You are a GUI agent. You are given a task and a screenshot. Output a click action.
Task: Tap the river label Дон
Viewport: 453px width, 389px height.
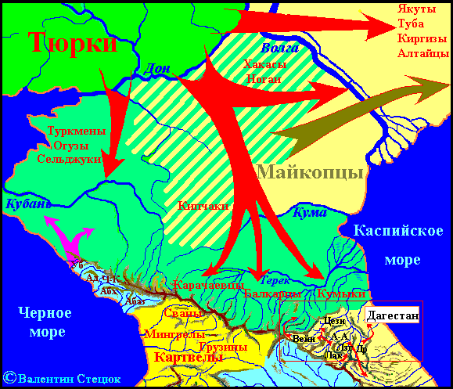158,70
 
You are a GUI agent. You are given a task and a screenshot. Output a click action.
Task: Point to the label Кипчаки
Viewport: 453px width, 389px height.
203,206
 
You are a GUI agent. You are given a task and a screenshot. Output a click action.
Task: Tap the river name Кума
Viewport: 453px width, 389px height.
307,211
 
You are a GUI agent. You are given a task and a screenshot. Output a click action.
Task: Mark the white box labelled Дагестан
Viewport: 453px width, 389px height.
392,315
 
